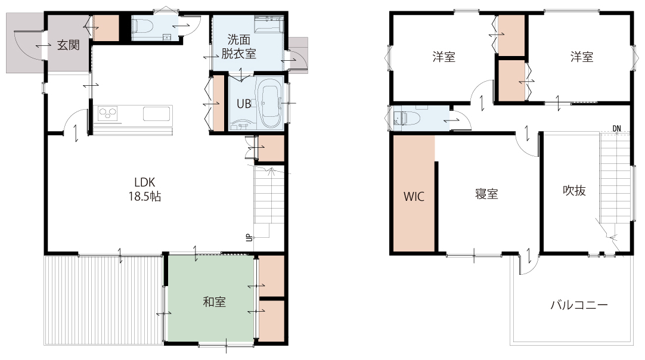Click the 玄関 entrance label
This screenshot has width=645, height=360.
point(69,45)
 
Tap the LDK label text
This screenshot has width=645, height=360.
point(144,182)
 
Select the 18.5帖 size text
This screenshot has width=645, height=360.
point(144,196)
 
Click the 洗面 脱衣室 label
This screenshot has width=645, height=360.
point(238,46)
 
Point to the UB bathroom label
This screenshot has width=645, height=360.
point(244,104)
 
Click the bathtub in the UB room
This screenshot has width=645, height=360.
point(269,103)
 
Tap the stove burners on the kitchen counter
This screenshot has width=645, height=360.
point(108,113)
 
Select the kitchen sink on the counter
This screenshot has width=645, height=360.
point(157,114)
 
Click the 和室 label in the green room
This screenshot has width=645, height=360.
point(215,302)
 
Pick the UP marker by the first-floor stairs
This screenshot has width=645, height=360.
point(249,237)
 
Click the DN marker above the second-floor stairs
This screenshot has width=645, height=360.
point(616,128)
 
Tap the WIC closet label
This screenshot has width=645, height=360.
point(414,196)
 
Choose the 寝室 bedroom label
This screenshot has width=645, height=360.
point(486,194)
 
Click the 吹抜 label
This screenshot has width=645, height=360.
point(574,190)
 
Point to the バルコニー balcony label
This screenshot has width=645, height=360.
point(579,305)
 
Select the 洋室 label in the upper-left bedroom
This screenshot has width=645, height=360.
point(444,57)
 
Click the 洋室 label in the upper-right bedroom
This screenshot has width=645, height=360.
point(582,57)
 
